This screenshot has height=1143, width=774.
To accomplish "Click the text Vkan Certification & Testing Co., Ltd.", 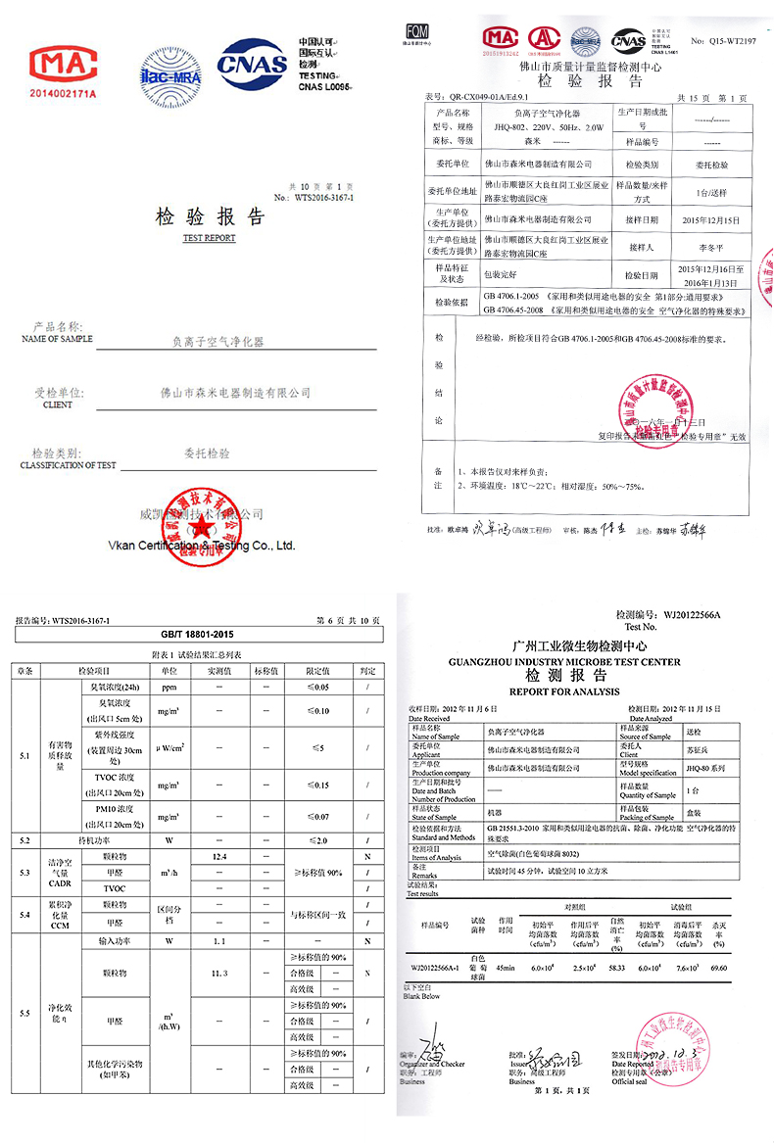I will click(x=204, y=546).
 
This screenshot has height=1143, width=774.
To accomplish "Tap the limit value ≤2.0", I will click(x=316, y=840).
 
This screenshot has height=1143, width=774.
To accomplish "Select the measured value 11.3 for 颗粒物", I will click(x=219, y=973).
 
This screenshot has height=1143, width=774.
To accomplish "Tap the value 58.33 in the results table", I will click(x=616, y=968).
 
